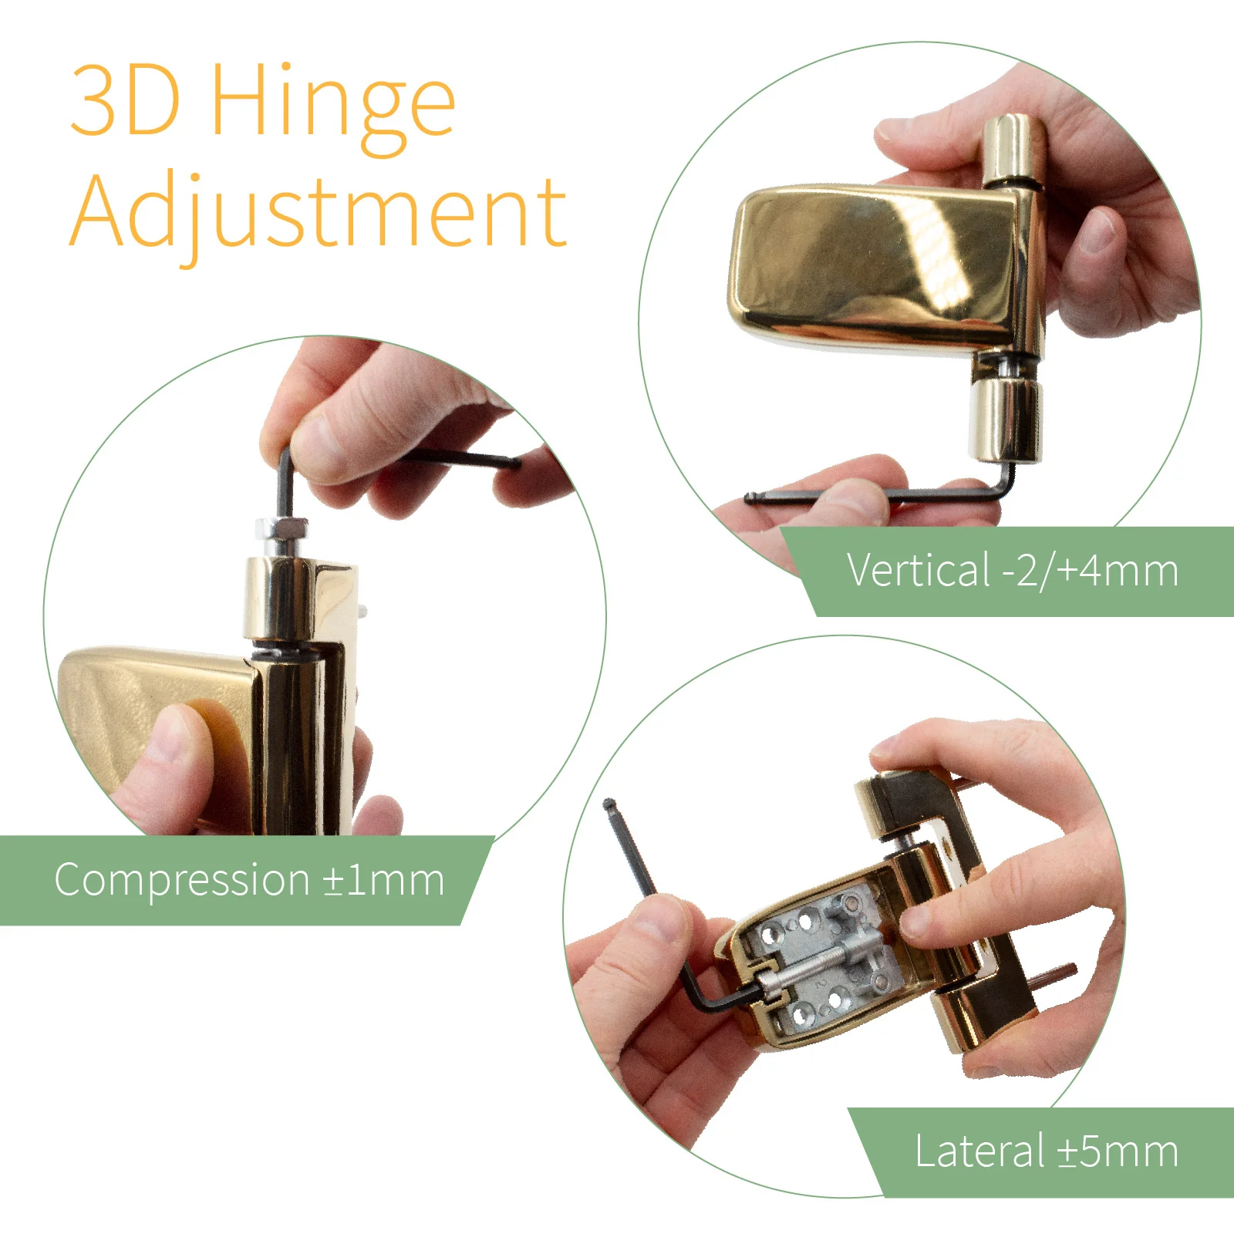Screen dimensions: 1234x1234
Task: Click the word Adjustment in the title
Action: pos(319,211)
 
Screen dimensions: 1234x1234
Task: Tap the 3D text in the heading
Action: pos(126,100)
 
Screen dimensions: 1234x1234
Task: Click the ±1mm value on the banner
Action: pos(383,880)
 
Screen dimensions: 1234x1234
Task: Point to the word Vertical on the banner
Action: pos(918,571)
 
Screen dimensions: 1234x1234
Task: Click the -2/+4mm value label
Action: pos(1090,571)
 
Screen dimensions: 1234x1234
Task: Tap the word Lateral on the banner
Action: pos(979,1151)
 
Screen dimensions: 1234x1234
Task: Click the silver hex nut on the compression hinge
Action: pos(283,529)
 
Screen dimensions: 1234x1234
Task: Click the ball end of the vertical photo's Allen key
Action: pos(750,497)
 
